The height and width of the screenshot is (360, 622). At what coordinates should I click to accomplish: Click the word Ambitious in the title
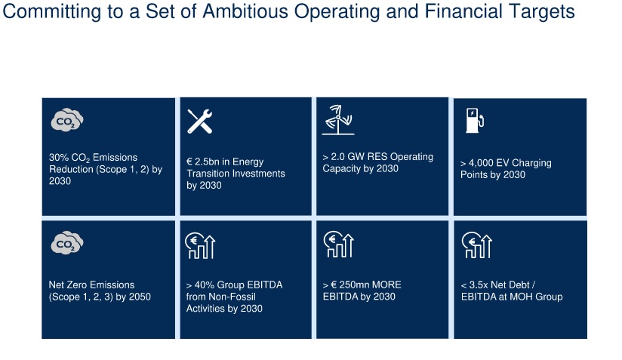click(x=245, y=11)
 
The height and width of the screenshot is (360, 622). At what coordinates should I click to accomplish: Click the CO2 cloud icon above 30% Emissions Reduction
click(x=67, y=119)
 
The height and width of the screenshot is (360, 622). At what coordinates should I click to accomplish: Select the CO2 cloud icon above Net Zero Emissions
click(x=67, y=242)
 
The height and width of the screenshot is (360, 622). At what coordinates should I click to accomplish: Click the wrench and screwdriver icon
click(x=199, y=121)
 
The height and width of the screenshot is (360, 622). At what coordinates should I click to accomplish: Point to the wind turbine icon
click(x=338, y=120)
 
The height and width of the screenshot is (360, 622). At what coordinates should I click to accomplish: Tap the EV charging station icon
click(x=475, y=120)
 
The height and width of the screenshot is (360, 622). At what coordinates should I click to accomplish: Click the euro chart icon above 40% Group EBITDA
click(x=200, y=245)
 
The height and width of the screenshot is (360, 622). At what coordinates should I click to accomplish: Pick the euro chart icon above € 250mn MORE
click(x=338, y=245)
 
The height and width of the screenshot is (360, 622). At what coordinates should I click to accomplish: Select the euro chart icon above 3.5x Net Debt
click(x=477, y=245)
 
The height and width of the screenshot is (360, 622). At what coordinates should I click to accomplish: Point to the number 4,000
click(x=481, y=163)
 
